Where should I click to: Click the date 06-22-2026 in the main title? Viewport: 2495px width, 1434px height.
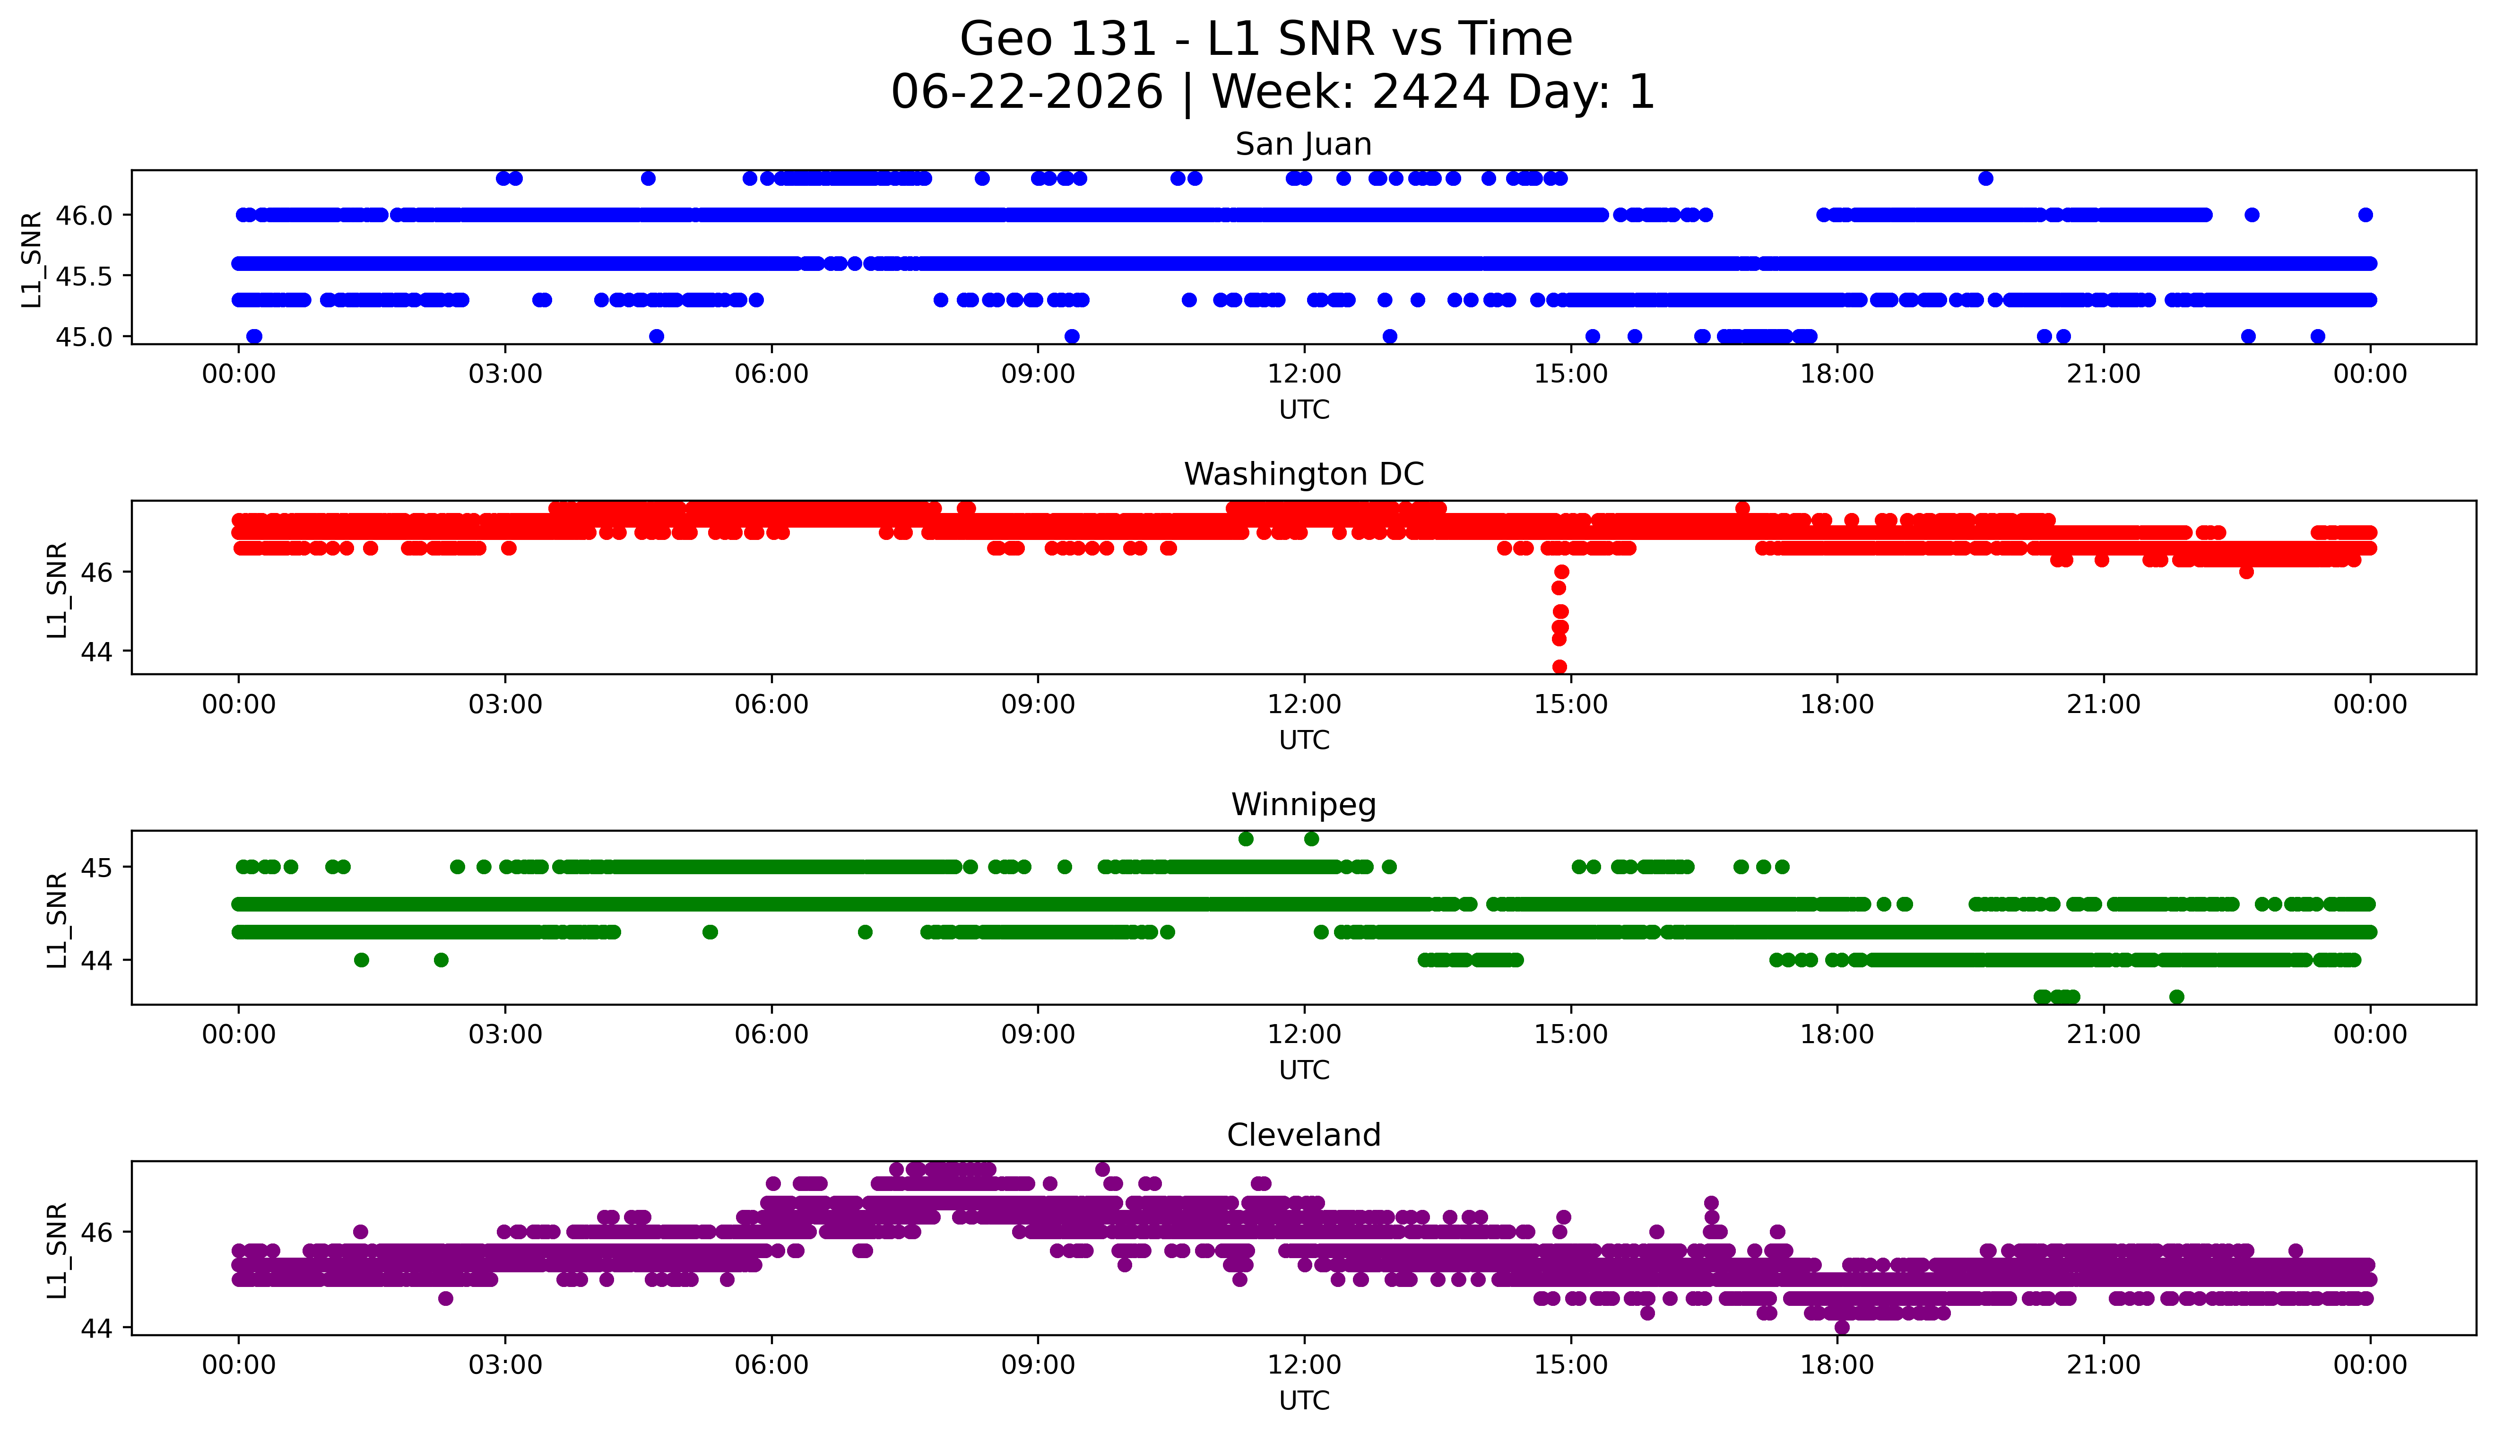pyautogui.click(x=1027, y=93)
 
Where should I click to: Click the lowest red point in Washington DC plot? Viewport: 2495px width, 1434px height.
pyautogui.click(x=1559, y=667)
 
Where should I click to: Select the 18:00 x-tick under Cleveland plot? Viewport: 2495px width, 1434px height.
pyautogui.click(x=1837, y=1365)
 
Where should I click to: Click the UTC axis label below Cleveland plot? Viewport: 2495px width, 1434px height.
pyautogui.click(x=1304, y=1400)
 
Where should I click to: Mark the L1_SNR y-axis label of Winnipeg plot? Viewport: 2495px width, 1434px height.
pyautogui.click(x=57, y=919)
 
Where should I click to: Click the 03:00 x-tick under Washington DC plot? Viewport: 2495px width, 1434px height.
pyautogui.click(x=505, y=704)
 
